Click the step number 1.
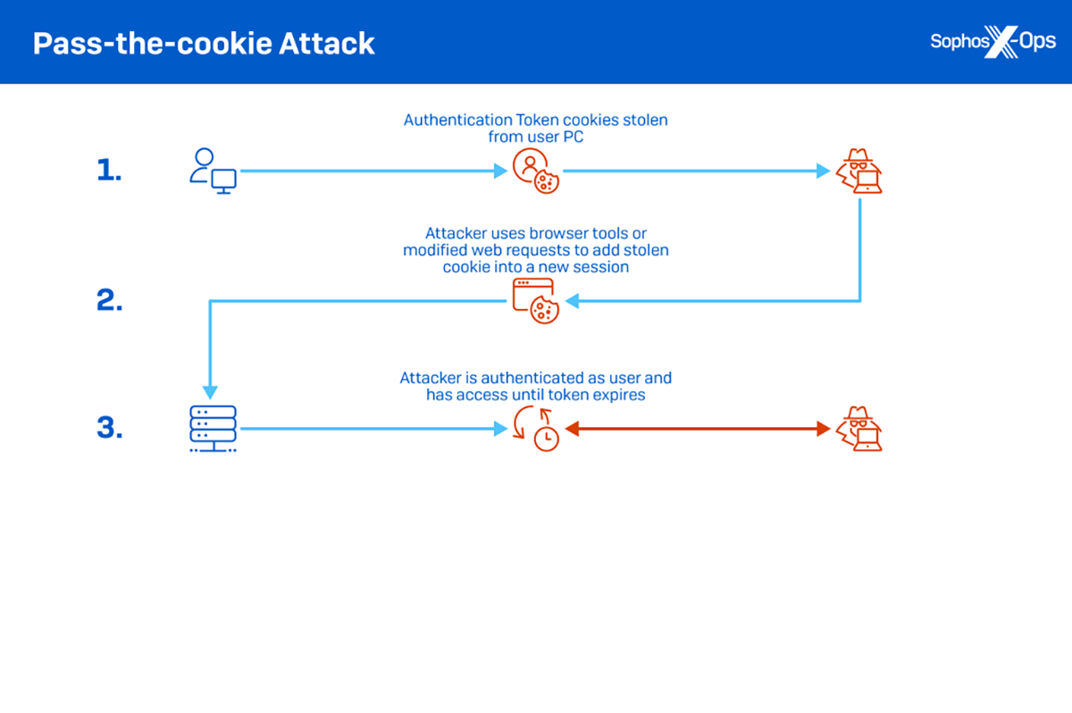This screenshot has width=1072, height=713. click(x=108, y=171)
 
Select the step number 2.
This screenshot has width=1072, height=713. click(x=108, y=301)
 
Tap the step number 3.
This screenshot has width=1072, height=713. click(x=108, y=429)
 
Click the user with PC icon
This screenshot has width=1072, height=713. click(x=213, y=171)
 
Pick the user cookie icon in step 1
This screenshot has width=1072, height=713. click(x=535, y=171)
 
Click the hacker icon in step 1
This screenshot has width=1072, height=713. click(x=859, y=171)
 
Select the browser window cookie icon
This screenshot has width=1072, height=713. click(x=535, y=301)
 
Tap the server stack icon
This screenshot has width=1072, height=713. click(x=213, y=429)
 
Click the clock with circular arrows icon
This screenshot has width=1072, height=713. click(x=535, y=429)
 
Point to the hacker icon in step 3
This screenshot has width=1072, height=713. click(x=859, y=429)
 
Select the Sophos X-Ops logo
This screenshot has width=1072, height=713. click(x=992, y=42)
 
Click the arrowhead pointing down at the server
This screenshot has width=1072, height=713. click(x=210, y=392)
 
